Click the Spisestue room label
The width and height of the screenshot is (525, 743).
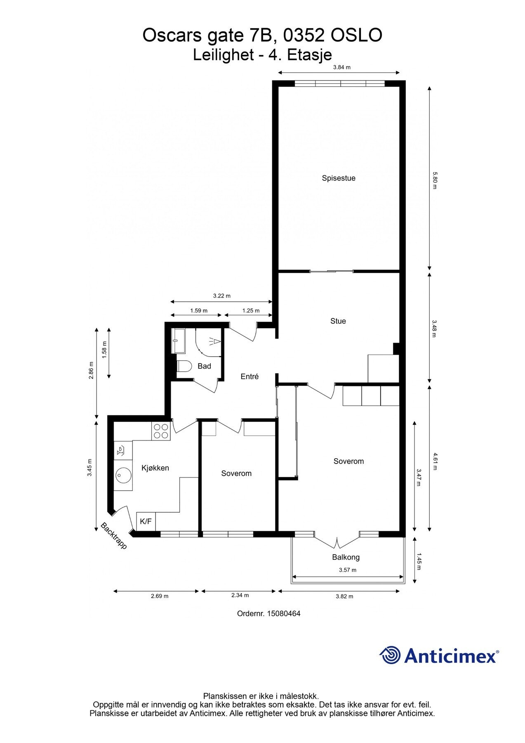(338, 178)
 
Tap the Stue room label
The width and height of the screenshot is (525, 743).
(338, 321)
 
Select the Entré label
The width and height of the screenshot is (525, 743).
(250, 376)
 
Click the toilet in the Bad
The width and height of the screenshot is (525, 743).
(184, 366)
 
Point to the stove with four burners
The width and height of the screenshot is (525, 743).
(161, 431)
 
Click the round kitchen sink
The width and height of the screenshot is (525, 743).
(123, 476)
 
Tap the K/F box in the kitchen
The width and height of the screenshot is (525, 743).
(146, 522)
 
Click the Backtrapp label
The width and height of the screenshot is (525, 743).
(114, 536)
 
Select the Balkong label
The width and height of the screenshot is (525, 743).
(346, 557)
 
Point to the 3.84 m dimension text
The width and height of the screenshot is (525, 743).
(341, 67)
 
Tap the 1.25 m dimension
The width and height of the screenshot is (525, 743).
(251, 310)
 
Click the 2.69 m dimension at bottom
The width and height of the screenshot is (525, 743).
(160, 596)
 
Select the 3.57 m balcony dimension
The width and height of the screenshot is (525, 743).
(347, 570)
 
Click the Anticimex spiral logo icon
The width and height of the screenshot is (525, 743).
(390, 655)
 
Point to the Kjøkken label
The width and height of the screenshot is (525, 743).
(155, 468)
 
